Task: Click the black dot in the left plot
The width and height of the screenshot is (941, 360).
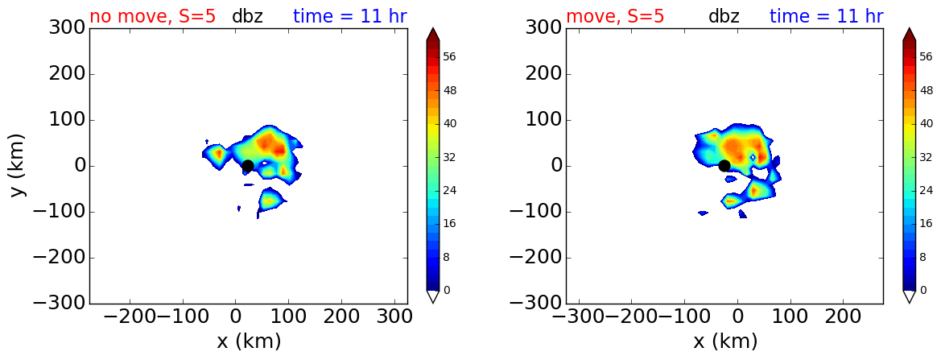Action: pyautogui.click(x=247, y=165)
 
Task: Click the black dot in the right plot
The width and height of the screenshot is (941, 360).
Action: pyautogui.click(x=724, y=166)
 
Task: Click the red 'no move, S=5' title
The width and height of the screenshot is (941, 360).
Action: pyautogui.click(x=150, y=15)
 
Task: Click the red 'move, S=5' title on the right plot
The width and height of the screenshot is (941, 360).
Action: pyautogui.click(x=615, y=15)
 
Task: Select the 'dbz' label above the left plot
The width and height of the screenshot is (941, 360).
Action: pyautogui.click(x=247, y=15)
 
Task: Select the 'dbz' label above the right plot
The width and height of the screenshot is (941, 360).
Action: pyautogui.click(x=724, y=15)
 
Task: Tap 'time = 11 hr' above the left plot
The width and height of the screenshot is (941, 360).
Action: pyautogui.click(x=350, y=15)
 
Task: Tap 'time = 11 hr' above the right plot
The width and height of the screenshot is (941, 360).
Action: pyautogui.click(x=827, y=15)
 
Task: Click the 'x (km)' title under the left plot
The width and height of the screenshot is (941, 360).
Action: pyautogui.click(x=249, y=341)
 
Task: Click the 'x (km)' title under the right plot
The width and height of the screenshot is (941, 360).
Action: pyautogui.click(x=725, y=341)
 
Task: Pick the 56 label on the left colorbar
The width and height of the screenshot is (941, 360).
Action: pyautogui.click(x=449, y=57)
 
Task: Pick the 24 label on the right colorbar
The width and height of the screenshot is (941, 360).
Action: pyautogui.click(x=926, y=191)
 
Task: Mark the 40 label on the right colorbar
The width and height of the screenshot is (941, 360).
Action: pyautogui.click(x=926, y=123)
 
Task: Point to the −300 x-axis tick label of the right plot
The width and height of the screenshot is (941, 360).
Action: pyautogui.click(x=579, y=317)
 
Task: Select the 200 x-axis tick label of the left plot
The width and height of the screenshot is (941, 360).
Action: pyautogui.click(x=341, y=317)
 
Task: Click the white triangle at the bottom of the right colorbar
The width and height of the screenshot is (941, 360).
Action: pyautogui.click(x=909, y=296)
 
